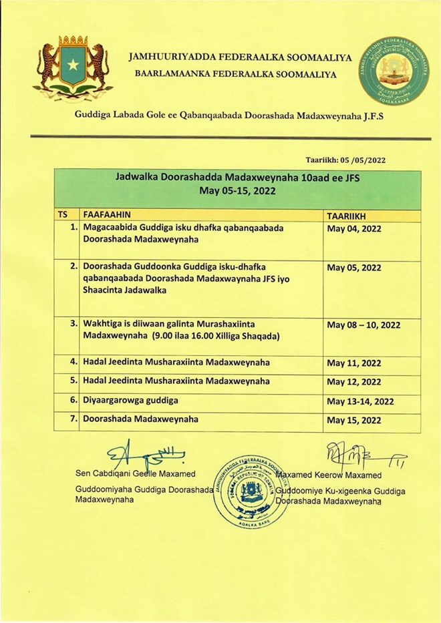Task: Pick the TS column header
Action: click(63, 216)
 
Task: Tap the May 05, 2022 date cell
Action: click(354, 268)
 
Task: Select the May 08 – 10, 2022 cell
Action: click(363, 325)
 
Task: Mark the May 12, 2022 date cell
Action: click(354, 383)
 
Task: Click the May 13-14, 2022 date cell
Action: click(360, 401)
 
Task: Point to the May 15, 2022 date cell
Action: click(354, 421)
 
